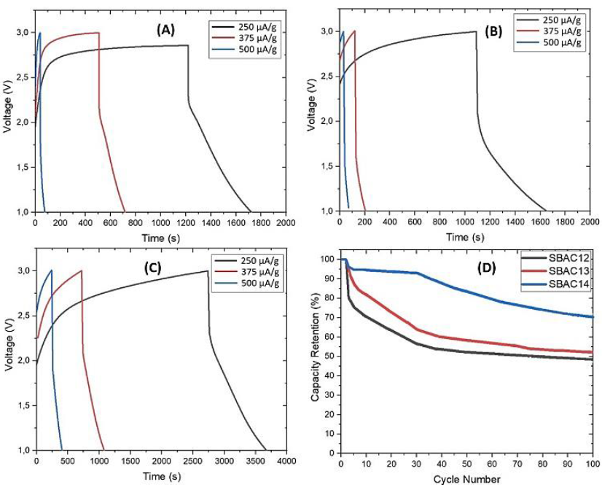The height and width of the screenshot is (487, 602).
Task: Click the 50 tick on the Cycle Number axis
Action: coord(466,464)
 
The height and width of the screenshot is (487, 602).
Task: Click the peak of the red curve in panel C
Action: coord(82,270)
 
